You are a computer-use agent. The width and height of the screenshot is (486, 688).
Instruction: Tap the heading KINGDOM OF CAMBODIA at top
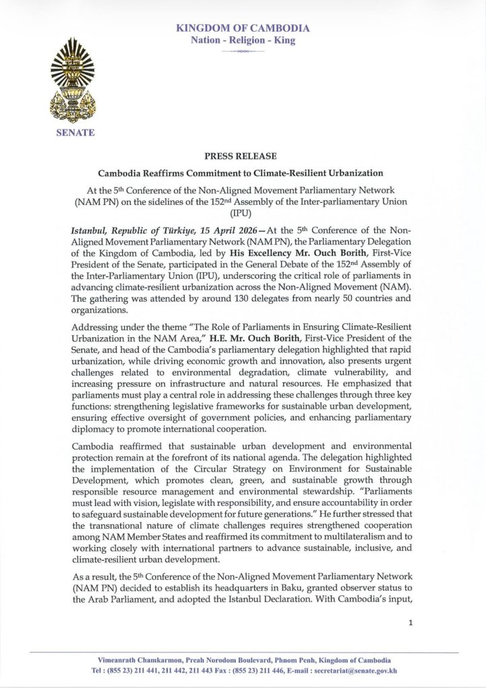click(243, 28)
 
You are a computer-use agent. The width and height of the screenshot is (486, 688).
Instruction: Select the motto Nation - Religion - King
click(243, 40)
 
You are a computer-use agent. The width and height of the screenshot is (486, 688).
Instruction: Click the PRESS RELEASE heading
click(243, 156)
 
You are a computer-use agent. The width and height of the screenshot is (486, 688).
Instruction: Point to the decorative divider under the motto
click(243, 51)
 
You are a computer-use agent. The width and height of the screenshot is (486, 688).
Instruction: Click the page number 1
click(410, 623)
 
